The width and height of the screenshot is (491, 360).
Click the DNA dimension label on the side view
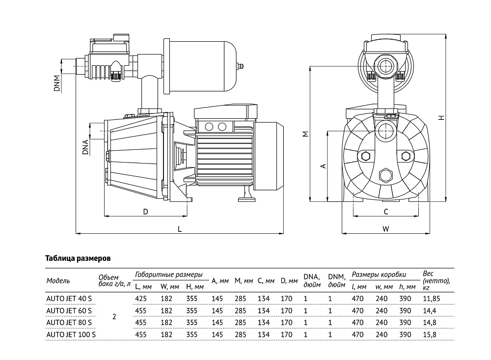click(x=85, y=147)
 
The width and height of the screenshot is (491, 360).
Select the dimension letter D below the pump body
click(x=146, y=211)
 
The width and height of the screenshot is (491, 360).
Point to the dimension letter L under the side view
click(x=180, y=229)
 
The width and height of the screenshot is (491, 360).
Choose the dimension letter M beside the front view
click(x=305, y=134)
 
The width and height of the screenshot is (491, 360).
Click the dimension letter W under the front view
click(x=386, y=229)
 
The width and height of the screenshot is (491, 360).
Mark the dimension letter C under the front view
click(x=386, y=212)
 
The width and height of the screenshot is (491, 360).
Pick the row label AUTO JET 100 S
click(x=70, y=334)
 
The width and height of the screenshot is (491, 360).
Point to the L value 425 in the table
click(x=140, y=298)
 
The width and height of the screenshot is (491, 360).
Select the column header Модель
click(x=58, y=281)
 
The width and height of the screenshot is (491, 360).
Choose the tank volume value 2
click(x=114, y=316)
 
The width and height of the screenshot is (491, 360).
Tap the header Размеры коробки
click(x=380, y=275)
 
